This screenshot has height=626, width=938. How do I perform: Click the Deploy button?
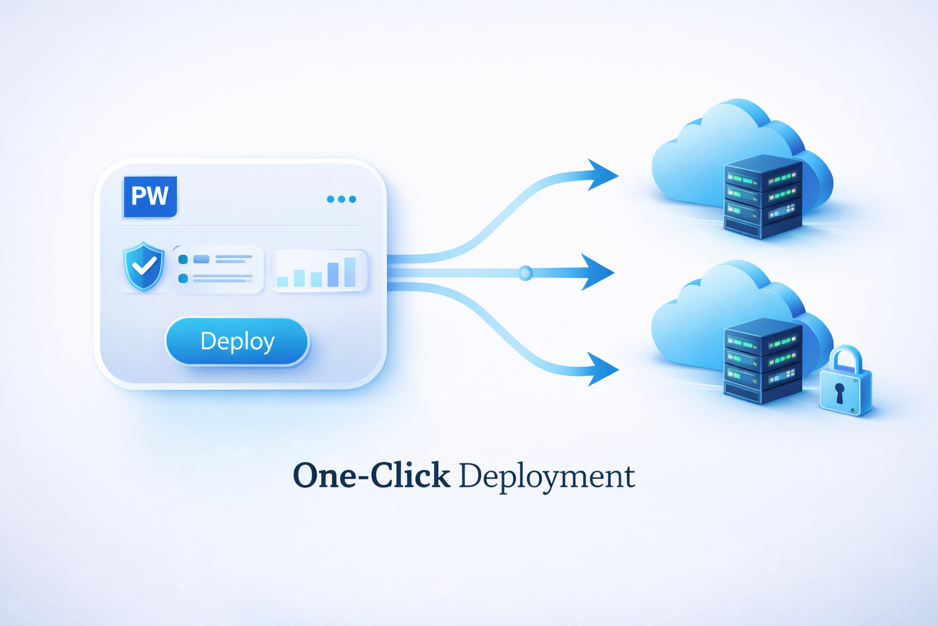click(x=237, y=341)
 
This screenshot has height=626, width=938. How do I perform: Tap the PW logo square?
click(x=150, y=196)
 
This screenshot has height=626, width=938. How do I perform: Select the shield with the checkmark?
click(x=144, y=267)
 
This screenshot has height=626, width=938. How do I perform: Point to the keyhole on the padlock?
click(x=840, y=392)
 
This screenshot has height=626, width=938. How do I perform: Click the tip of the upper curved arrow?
click(x=617, y=175)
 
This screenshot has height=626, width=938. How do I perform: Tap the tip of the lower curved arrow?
click(x=617, y=369)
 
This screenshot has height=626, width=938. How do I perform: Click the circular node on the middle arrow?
click(x=525, y=273)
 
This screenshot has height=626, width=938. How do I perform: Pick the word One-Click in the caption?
click(x=371, y=476)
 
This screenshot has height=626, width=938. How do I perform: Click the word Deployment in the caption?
click(x=547, y=477)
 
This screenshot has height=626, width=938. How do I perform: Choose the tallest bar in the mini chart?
click(x=350, y=271)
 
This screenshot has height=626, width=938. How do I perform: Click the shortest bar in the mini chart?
click(x=282, y=281)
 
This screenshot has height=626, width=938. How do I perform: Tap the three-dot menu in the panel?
click(x=341, y=199)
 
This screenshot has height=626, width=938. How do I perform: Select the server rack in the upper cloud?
click(x=763, y=196)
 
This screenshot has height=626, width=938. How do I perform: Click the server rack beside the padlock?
click(x=763, y=361)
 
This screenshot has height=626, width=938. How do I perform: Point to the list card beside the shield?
click(x=218, y=269)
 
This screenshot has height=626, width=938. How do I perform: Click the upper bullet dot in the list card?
click(x=183, y=260)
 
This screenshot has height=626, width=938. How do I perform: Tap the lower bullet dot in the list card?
click(x=183, y=279)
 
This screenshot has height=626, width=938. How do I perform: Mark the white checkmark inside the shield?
click(x=145, y=266)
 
